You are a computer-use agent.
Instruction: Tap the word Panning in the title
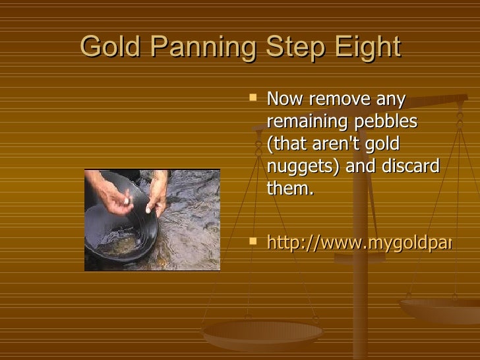click(x=191, y=47)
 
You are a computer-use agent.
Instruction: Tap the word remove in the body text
click(x=336, y=101)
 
